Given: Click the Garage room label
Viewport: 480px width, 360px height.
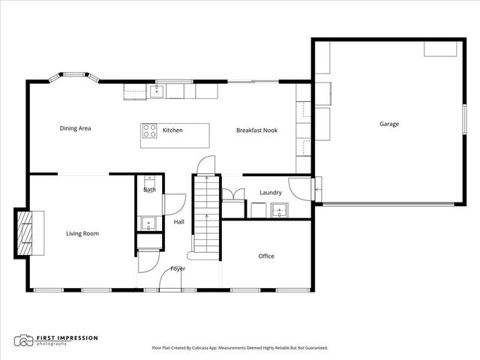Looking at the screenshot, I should [388, 124].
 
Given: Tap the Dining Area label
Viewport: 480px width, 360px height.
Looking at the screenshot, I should [75, 128].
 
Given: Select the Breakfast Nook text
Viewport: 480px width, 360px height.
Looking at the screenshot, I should [256, 130].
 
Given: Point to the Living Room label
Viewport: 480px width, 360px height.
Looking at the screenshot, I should [82, 233].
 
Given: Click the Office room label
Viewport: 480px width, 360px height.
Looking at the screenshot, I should [266, 256].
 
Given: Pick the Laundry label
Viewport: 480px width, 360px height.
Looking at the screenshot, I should [270, 193].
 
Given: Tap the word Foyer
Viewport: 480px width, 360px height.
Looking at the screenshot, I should [178, 268].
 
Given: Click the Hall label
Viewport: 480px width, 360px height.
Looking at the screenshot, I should [178, 222].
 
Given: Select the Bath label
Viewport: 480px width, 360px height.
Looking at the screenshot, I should [149, 190].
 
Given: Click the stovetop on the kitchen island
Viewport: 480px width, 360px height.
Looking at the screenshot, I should [149, 130].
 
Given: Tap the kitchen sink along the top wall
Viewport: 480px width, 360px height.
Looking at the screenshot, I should [157, 91].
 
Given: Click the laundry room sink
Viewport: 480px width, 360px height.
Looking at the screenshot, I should [280, 209].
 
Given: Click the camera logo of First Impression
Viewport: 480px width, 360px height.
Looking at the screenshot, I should [24, 340].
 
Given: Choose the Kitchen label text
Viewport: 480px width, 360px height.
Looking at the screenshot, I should [172, 130].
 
